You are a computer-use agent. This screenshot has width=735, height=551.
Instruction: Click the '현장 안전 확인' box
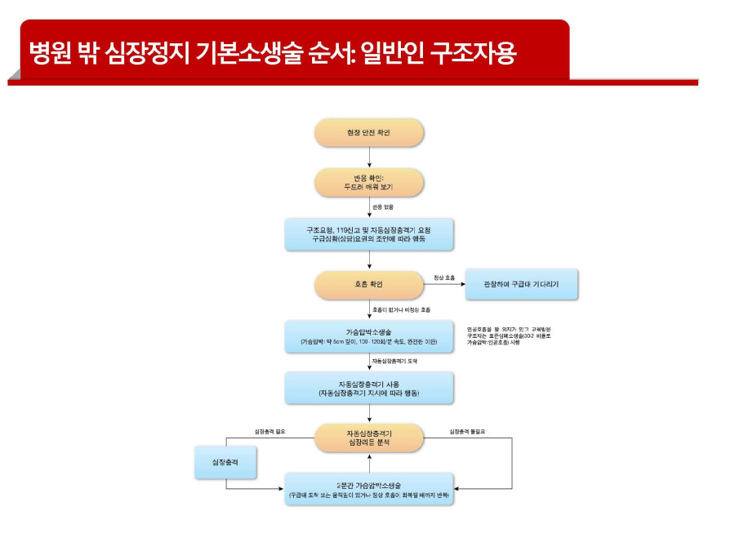coord(369,132)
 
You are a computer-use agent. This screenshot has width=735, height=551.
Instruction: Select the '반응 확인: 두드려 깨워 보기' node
coord(369,182)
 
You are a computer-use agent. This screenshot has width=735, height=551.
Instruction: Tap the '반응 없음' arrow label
coord(383,207)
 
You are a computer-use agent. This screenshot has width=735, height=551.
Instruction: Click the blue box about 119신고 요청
coord(369,234)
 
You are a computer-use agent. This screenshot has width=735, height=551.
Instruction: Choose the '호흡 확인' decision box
coord(369,285)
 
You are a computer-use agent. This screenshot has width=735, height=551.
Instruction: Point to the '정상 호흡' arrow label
coord(444,278)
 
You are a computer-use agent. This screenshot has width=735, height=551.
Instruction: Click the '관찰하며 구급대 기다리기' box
coord(521,285)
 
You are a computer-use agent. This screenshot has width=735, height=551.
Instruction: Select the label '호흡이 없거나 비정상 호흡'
coord(401,310)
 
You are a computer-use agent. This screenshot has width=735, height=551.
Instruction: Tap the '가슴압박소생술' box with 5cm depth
coord(369,336)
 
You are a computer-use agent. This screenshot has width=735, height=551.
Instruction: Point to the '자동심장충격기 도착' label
coord(394,360)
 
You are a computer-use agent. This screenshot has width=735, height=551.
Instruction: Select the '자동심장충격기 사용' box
coord(369,388)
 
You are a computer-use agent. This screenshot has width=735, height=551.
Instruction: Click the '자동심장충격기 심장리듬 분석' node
coord(369,438)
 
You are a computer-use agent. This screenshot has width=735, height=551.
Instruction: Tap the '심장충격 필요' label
coord(270,431)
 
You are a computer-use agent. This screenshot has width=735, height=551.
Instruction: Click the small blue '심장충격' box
coord(226,461)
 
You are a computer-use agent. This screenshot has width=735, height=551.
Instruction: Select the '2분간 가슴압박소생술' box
coord(369,489)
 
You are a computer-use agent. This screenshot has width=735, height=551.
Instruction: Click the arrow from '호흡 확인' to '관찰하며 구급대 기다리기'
coord(443,285)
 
